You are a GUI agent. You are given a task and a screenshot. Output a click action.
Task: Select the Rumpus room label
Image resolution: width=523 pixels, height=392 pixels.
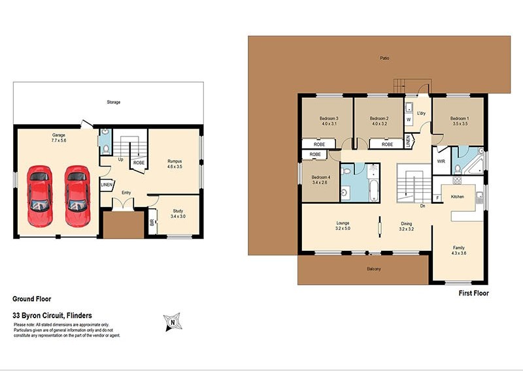pos(173,161)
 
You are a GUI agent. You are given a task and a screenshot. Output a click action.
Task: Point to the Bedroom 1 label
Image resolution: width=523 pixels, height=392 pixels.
pos(459,118)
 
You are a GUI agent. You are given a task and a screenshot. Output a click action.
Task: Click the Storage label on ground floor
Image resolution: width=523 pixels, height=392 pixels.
pos(114,102)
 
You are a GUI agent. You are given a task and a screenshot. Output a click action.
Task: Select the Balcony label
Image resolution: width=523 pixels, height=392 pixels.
pos(373,269)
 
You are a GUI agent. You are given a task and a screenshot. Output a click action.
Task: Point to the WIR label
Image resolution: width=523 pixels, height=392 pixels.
pos(441,161)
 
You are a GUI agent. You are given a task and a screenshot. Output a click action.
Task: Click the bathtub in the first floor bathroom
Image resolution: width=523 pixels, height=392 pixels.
pos(374,184)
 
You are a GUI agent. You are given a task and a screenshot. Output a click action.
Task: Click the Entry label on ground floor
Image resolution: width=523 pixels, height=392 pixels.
pos(126,193)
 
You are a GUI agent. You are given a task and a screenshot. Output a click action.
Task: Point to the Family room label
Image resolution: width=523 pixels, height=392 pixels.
pos(459,248)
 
